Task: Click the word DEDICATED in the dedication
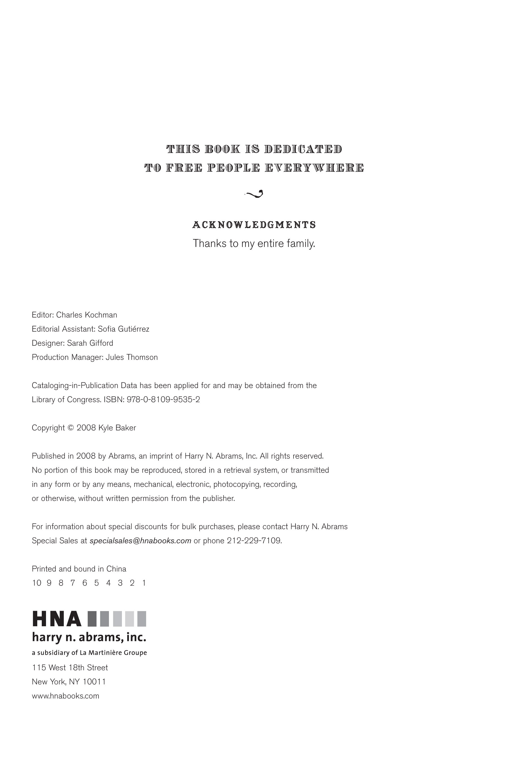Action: point(303,149)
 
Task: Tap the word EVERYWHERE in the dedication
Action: point(314,168)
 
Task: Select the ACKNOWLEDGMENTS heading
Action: point(254,225)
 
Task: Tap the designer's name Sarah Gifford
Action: point(90,343)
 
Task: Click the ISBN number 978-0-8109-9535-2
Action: point(163,400)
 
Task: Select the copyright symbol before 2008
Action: point(71,428)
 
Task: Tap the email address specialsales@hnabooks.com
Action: point(140,541)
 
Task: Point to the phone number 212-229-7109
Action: point(254,541)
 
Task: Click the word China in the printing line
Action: point(116,569)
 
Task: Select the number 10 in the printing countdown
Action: point(37,583)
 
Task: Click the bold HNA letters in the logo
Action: point(57,619)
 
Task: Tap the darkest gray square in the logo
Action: point(92,619)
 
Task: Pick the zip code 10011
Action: point(94,682)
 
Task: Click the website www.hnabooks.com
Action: point(65,696)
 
